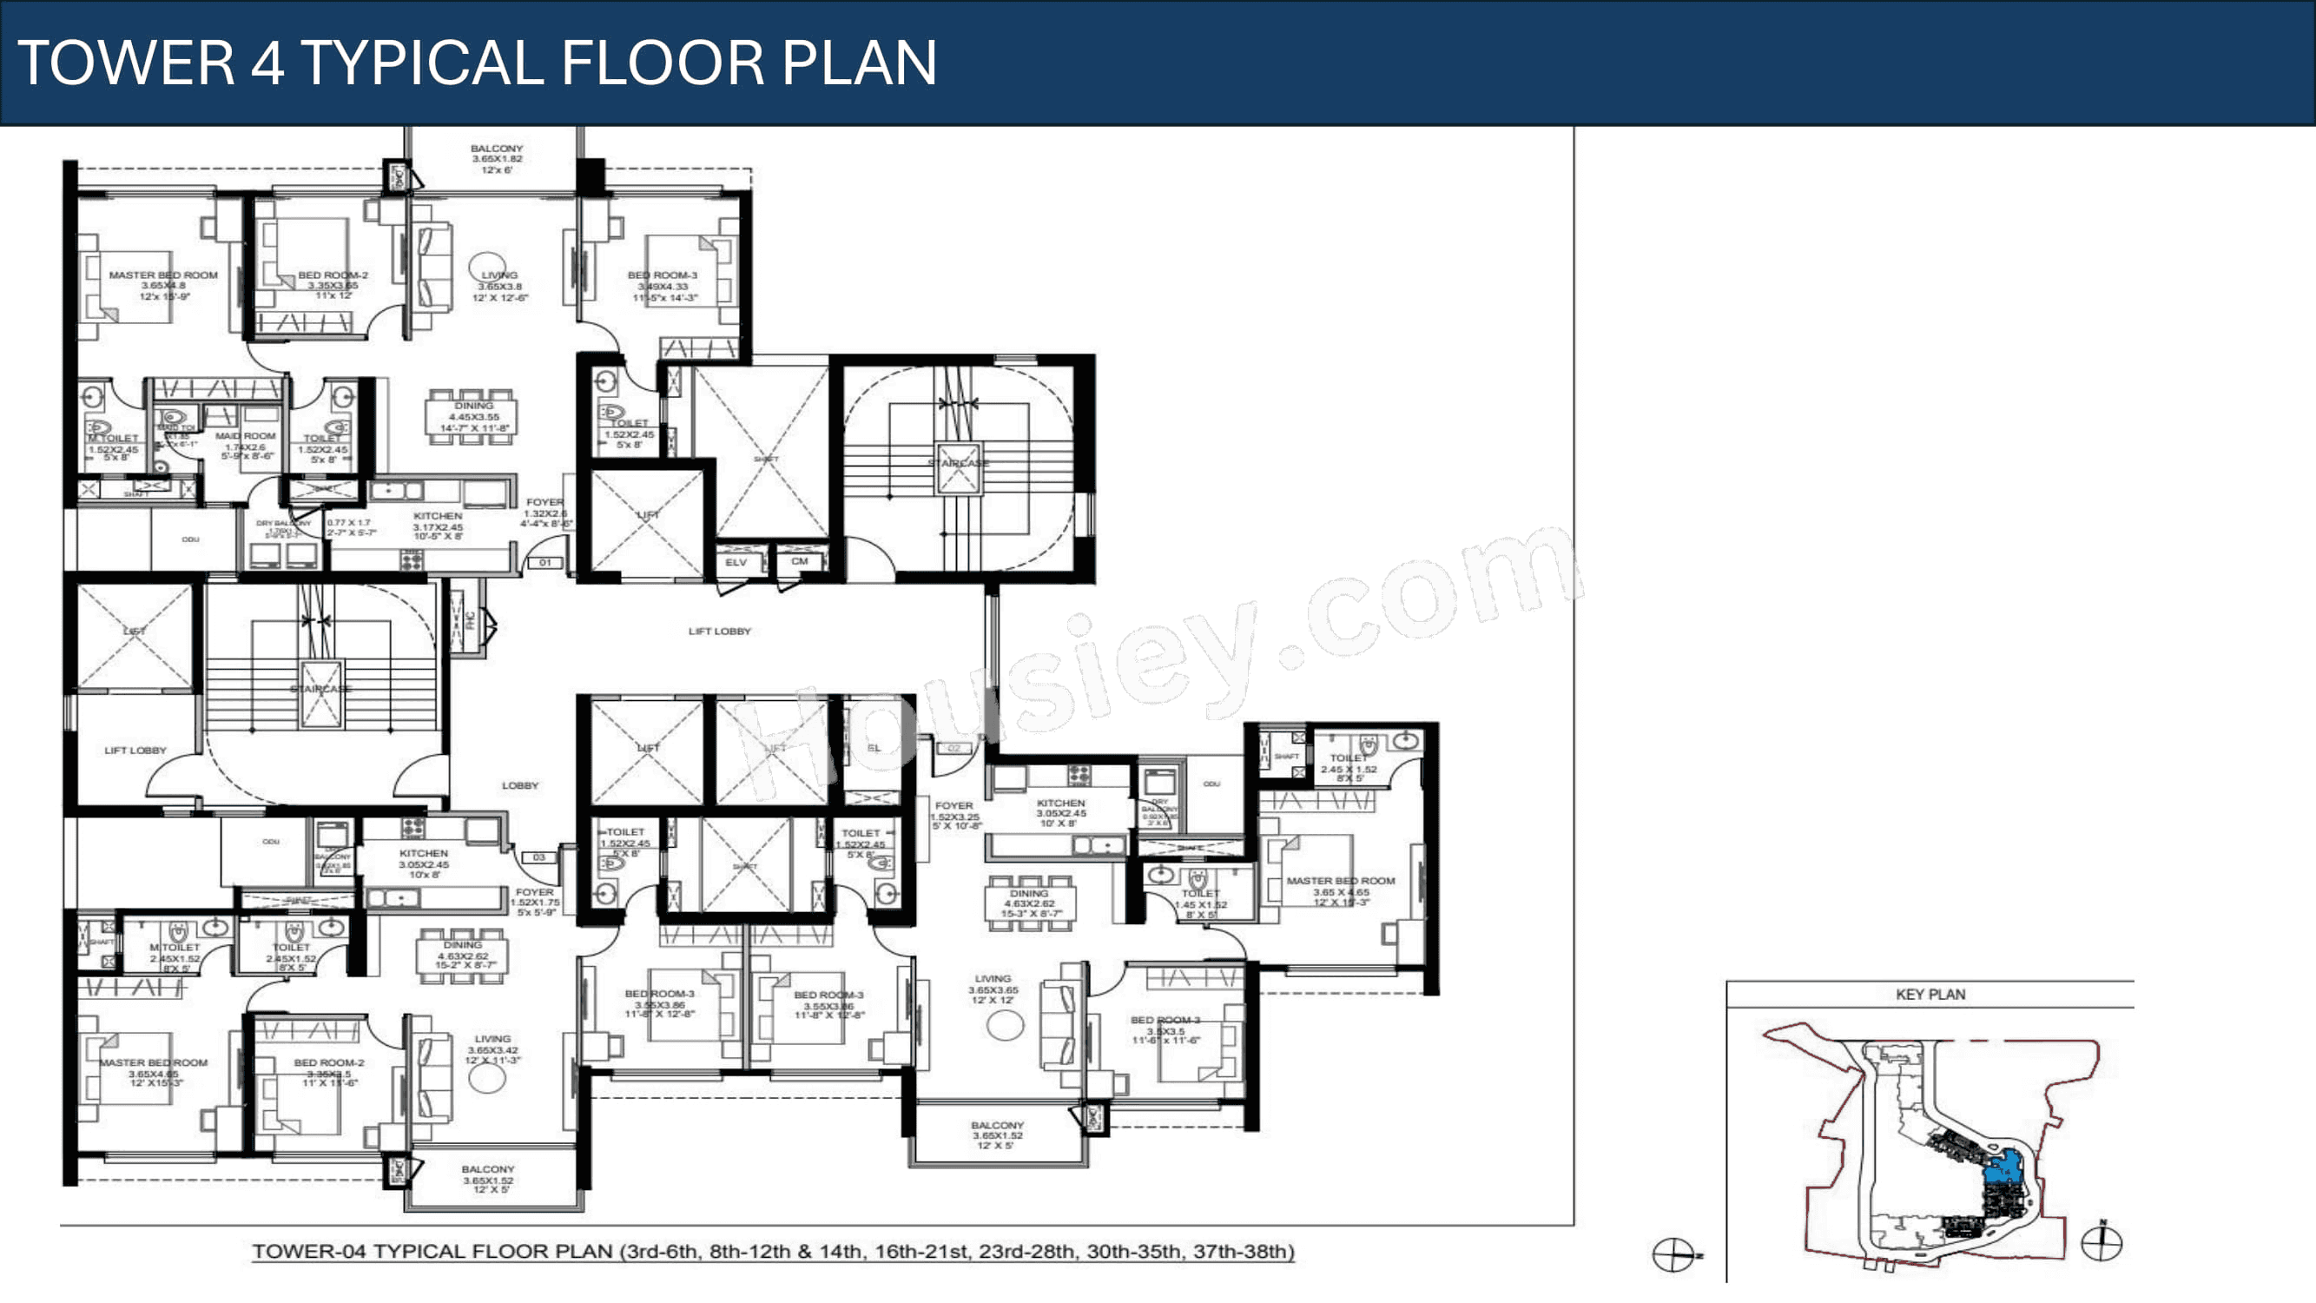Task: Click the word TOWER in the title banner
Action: pyautogui.click(x=126, y=63)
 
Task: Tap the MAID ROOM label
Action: pyautogui.click(x=246, y=436)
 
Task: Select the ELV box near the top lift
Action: pyautogui.click(x=736, y=562)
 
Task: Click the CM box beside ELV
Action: pyautogui.click(x=799, y=561)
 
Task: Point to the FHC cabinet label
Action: pyautogui.click(x=469, y=619)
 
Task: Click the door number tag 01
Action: pyautogui.click(x=545, y=563)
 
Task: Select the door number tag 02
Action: pyautogui.click(x=953, y=748)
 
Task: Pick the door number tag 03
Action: pyautogui.click(x=538, y=857)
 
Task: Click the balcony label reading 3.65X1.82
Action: pyautogui.click(x=497, y=158)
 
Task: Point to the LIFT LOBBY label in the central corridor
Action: pyautogui.click(x=719, y=632)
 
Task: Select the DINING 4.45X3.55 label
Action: pyautogui.click(x=474, y=417)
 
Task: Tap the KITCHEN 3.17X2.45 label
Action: pyautogui.click(x=438, y=526)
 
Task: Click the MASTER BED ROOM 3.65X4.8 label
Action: pyautogui.click(x=162, y=285)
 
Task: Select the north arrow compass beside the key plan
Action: pyautogui.click(x=2102, y=1243)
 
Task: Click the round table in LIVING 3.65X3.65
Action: pyautogui.click(x=1004, y=1025)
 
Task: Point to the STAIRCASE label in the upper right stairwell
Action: pyautogui.click(x=958, y=463)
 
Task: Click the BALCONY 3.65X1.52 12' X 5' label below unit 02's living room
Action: pyautogui.click(x=996, y=1135)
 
